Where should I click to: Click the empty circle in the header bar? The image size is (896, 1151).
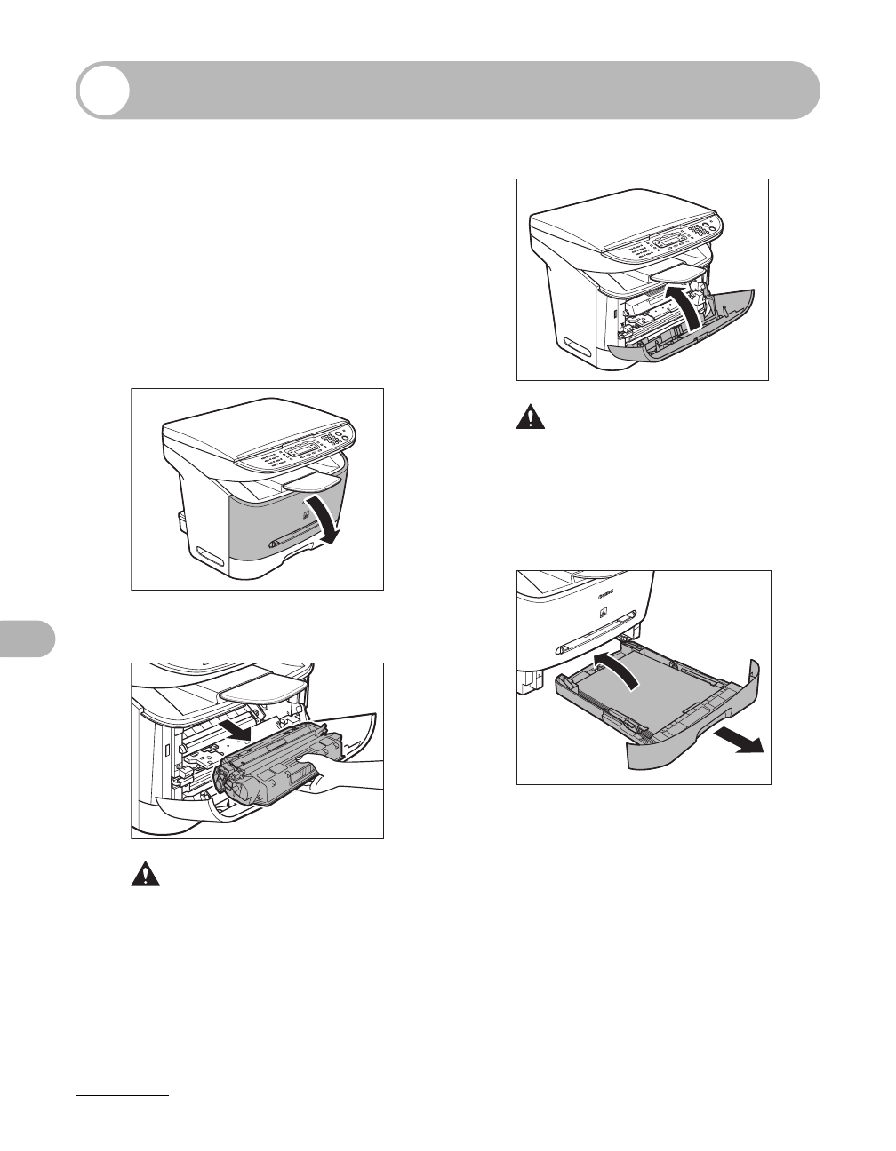(102, 90)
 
